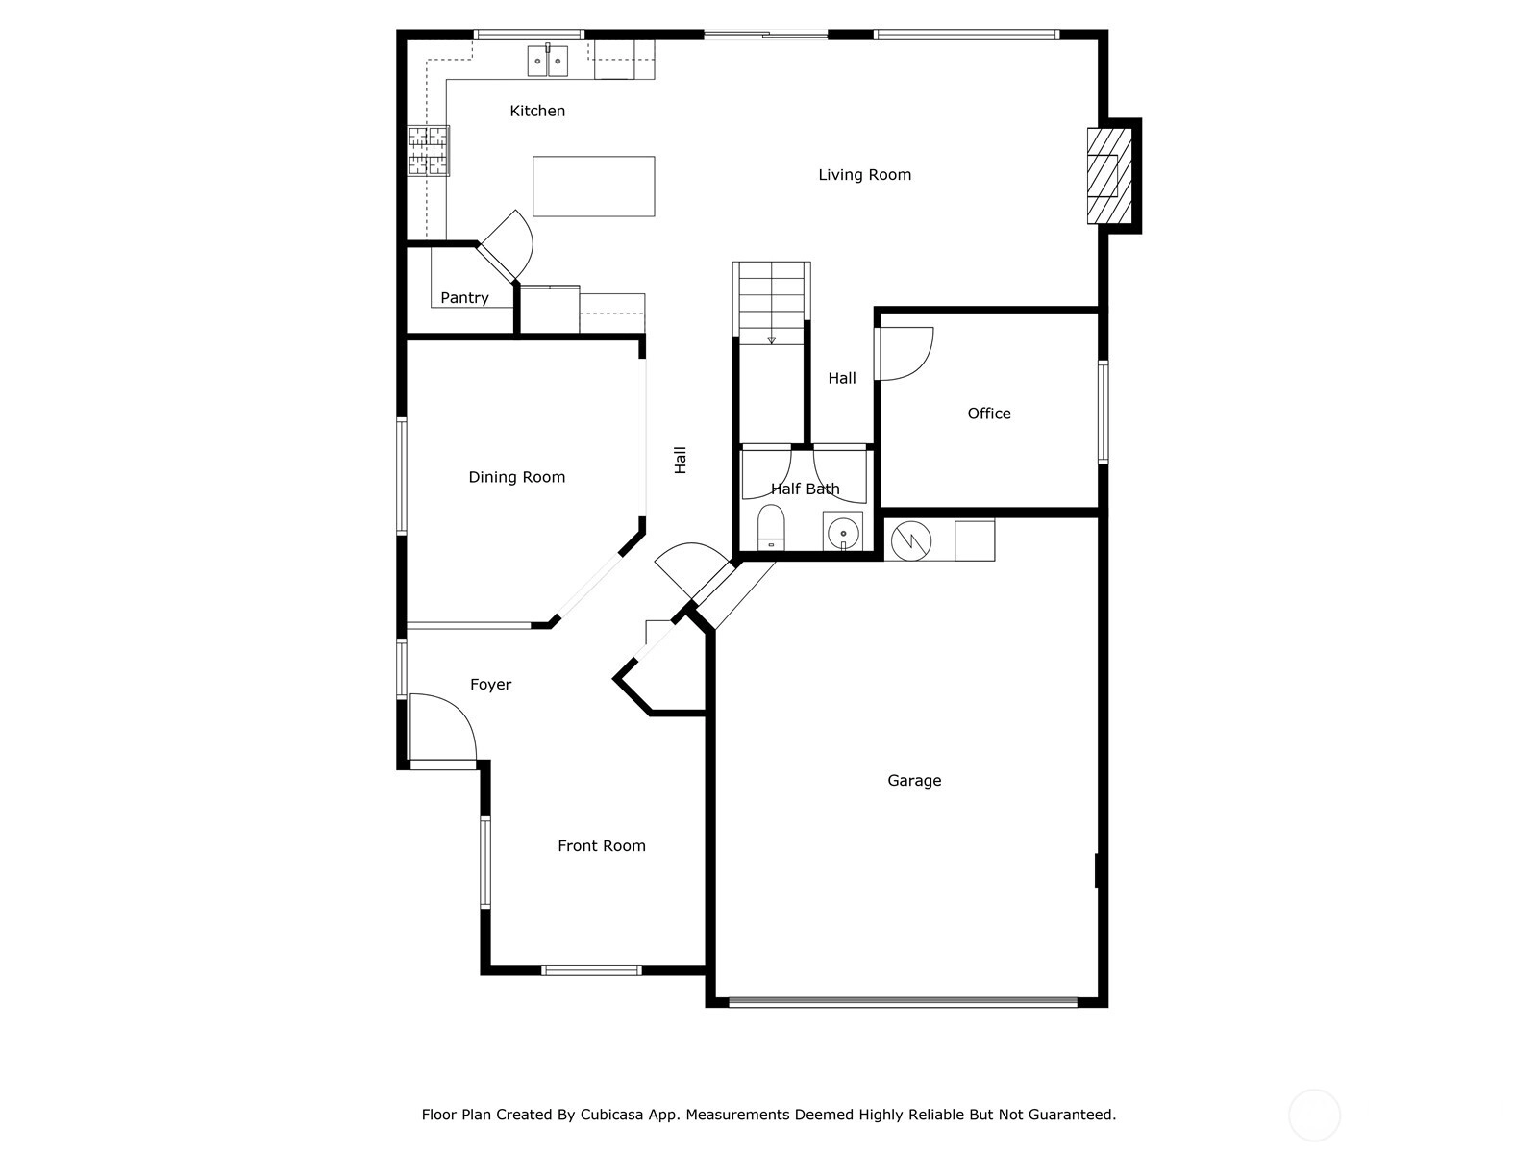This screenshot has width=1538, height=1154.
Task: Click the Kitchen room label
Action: (x=536, y=111)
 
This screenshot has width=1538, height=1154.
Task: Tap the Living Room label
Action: (x=864, y=174)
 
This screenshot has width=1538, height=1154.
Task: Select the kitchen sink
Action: (x=547, y=61)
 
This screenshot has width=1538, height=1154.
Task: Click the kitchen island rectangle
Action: (x=593, y=187)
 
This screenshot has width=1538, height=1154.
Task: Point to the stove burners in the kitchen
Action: (x=428, y=150)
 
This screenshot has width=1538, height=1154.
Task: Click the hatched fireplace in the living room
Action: (x=1108, y=176)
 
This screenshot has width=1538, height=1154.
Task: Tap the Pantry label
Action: (x=464, y=298)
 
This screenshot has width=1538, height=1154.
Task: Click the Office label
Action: (x=989, y=414)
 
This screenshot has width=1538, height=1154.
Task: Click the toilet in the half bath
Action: (x=771, y=527)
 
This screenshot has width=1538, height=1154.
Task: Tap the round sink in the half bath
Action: (x=843, y=533)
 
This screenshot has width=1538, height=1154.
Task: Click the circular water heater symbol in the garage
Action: (x=911, y=540)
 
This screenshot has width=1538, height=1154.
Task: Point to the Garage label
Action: (x=914, y=780)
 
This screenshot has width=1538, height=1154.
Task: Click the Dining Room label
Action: (x=516, y=477)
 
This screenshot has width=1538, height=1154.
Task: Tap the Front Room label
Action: (x=601, y=845)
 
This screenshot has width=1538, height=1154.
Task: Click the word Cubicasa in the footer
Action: (x=611, y=1114)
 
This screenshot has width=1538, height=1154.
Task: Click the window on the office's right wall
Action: (x=1103, y=412)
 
